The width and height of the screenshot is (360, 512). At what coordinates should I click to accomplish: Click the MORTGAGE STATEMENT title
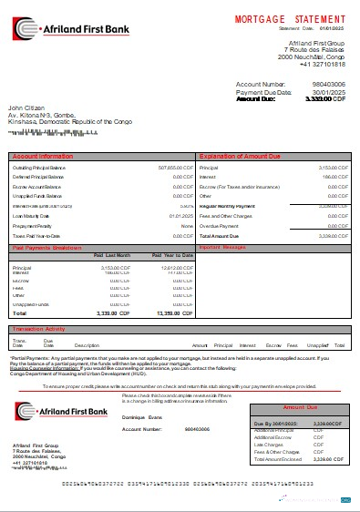[290, 18]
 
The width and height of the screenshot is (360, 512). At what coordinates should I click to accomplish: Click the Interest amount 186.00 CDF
[325, 178]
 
